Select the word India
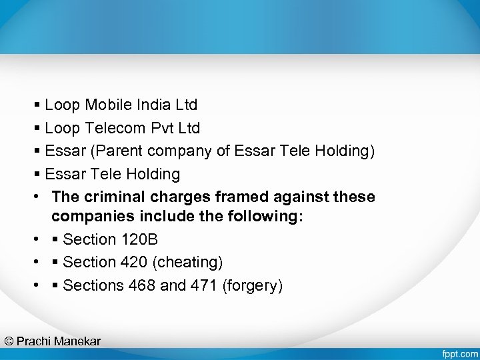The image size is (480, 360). [x=153, y=105]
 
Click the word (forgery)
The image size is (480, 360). [x=253, y=286]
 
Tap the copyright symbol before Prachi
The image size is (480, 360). [x=9, y=341]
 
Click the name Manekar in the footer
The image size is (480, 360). [x=77, y=341]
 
